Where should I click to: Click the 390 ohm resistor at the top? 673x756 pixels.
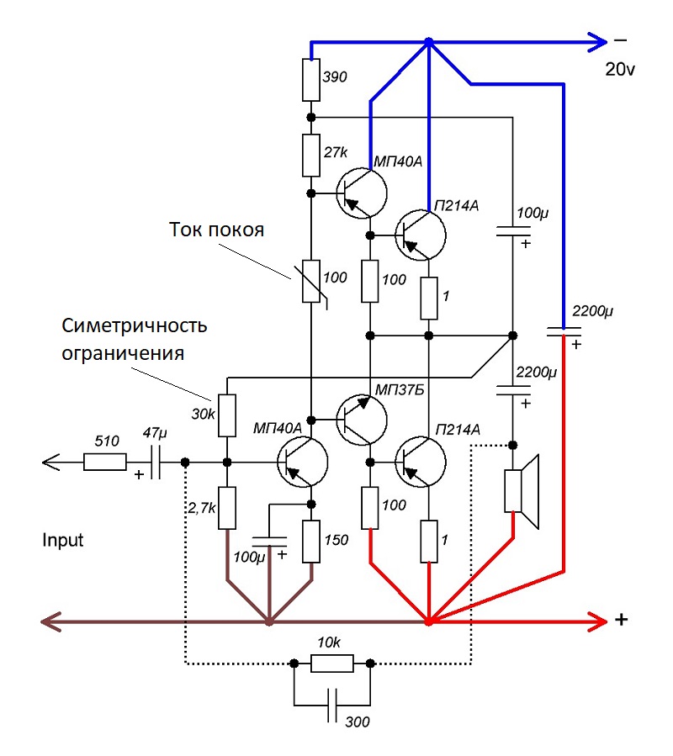(x=310, y=79)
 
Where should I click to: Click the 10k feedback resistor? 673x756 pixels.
(x=331, y=664)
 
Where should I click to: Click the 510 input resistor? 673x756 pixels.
(x=105, y=462)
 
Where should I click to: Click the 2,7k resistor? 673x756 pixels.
(x=226, y=508)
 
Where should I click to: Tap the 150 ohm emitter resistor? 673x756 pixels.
(x=311, y=542)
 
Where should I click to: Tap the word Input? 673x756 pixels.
(x=63, y=539)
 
